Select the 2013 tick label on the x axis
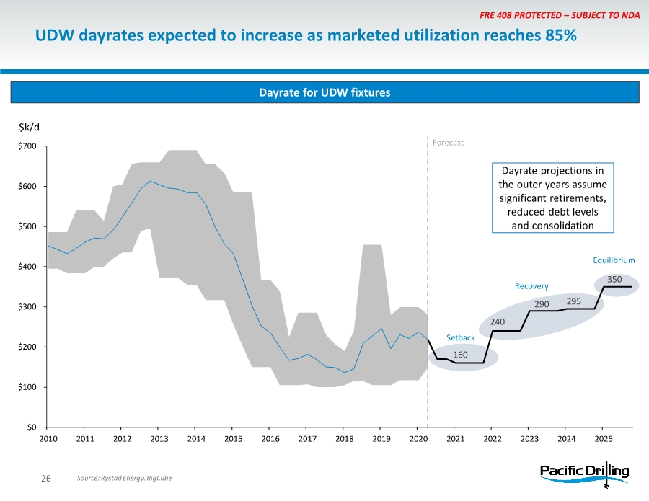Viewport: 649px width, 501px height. [159, 438]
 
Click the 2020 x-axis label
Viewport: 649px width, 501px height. [418, 438]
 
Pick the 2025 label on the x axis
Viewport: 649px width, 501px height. [604, 438]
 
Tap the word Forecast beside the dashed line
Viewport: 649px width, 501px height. [448, 143]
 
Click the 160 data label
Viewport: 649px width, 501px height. [461, 355]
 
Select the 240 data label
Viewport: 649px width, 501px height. [498, 322]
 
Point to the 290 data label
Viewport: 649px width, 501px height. [542, 304]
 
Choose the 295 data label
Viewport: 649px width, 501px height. [573, 301]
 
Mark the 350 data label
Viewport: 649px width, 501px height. [614, 278]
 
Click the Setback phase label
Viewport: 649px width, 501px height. [461, 337]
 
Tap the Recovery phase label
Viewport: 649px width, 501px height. [531, 286]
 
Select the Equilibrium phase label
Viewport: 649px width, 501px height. [614, 260]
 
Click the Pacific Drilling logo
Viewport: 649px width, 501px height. [585, 473]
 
